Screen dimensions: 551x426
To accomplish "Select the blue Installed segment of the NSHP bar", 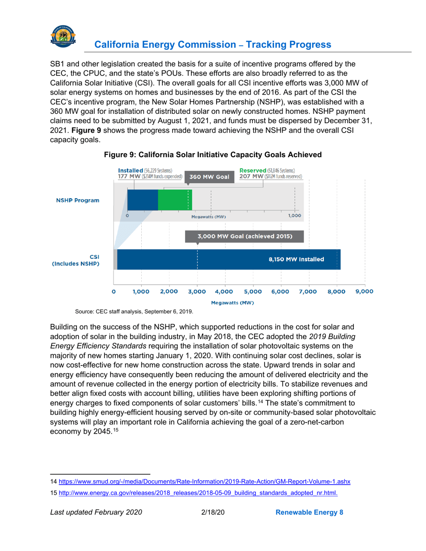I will click(143, 200).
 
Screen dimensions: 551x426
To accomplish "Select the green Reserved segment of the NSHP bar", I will click(174, 200).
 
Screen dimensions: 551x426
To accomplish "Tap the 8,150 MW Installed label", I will click(296, 259).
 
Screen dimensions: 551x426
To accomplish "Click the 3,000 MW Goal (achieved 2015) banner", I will click(244, 237).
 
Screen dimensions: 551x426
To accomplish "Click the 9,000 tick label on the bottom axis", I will click(365, 291).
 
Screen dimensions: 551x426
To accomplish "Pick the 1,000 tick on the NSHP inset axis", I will click(295, 215).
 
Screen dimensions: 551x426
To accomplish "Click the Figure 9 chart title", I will click(213, 155).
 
